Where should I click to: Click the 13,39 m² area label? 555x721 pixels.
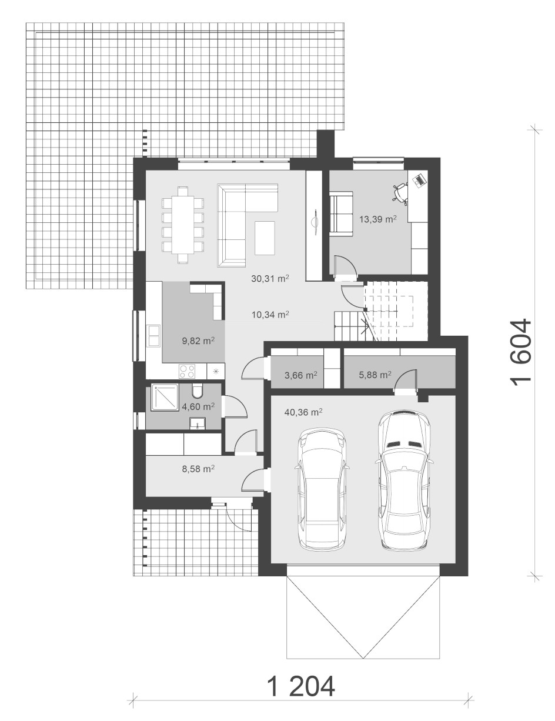click(378, 219)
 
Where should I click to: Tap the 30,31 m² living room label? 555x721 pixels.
click(270, 278)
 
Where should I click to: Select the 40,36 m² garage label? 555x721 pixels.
click(303, 412)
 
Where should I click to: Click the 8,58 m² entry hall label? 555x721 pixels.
click(198, 469)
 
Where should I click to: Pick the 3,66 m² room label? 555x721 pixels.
click(301, 375)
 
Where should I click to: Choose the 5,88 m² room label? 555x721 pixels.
click(375, 375)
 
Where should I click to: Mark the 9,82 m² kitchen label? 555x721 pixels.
click(198, 341)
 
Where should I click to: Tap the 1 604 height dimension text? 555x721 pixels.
click(521, 353)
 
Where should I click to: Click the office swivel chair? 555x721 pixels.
click(400, 193)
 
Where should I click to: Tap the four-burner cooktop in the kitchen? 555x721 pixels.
click(186, 371)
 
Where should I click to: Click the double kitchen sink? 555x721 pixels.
click(154, 336)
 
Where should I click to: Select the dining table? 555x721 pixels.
click(182, 225)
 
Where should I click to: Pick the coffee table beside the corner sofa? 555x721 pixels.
click(265, 238)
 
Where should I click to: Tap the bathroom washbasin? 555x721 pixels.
click(198, 424)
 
